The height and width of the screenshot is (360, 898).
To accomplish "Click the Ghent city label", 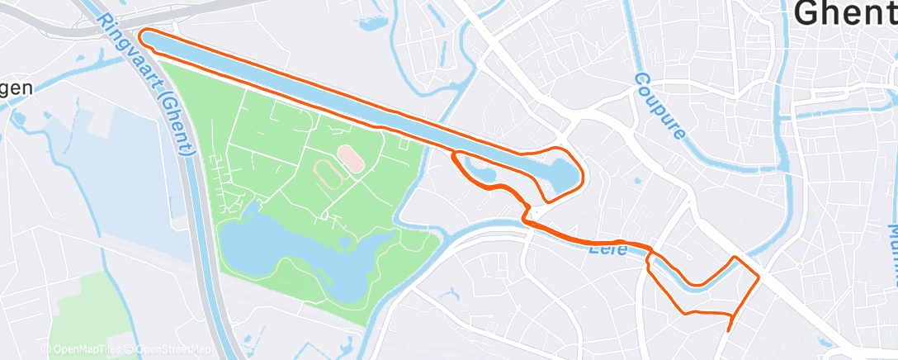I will point(847,14).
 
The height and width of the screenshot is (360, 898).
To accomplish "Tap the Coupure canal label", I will point(662,106).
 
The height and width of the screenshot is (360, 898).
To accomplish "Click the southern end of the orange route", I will point(728,329).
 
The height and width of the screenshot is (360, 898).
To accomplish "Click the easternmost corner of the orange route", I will point(759,274).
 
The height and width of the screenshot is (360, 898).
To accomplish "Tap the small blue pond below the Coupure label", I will point(636,179).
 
